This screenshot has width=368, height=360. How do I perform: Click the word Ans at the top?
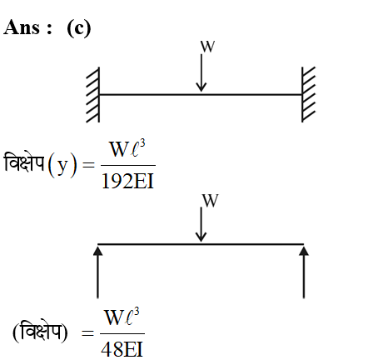[22, 27]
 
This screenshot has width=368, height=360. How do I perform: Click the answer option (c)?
[79, 28]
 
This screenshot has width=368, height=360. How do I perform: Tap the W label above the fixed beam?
[208, 47]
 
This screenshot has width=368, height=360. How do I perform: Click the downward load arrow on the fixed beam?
[201, 72]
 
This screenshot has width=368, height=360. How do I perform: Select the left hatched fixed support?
[93, 95]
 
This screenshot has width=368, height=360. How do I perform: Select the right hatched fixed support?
[308, 94]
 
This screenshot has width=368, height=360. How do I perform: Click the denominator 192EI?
[127, 181]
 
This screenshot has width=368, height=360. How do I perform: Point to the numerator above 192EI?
[127, 149]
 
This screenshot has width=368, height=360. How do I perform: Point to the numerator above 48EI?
[122, 317]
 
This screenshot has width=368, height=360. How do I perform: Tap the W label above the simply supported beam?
[210, 201]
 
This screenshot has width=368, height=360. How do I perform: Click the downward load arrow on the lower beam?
[201, 224]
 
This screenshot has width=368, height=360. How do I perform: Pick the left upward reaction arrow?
[97, 272]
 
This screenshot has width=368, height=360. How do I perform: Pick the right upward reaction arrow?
[304, 272]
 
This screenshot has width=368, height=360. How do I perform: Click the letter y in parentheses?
[62, 166]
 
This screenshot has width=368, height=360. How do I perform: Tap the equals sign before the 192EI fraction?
[89, 166]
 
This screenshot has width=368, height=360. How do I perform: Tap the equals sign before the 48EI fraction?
[87, 332]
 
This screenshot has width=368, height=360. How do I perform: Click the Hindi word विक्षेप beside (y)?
[24, 163]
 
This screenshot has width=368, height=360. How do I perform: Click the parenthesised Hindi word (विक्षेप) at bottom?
[40, 332]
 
